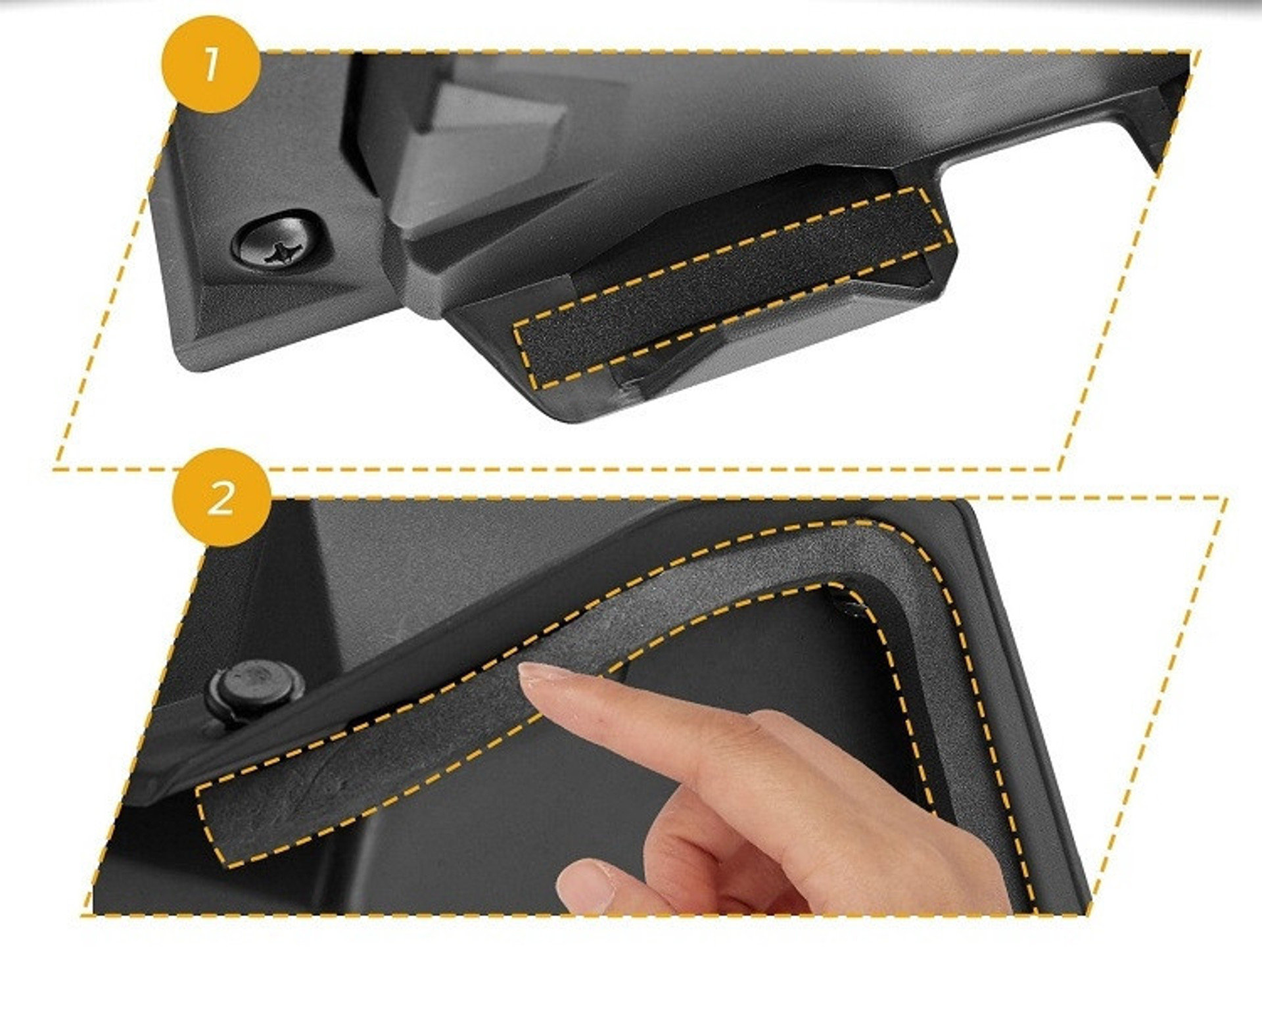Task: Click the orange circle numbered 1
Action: pos(211,64)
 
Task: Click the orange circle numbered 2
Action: pos(221,498)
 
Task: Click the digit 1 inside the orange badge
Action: pos(211,64)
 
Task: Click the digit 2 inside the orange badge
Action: pos(221,498)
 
